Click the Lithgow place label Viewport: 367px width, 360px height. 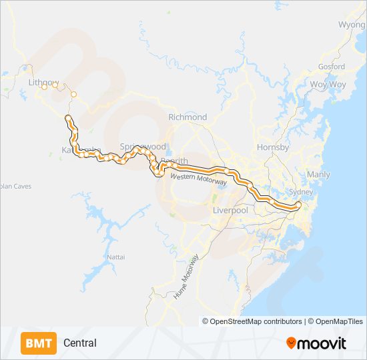44,82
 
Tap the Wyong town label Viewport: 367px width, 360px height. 352,25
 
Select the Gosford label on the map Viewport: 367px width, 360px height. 332,67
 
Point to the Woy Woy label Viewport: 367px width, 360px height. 328,85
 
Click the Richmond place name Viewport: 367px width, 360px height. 188,117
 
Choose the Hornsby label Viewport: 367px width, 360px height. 273,147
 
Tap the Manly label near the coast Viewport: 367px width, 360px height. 318,175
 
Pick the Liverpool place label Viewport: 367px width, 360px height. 230,210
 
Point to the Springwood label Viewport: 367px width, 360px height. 143,146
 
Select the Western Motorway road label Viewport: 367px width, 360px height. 199,179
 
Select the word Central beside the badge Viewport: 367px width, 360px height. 80,343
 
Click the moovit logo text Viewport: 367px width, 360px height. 322,343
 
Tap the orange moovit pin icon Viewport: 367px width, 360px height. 291,343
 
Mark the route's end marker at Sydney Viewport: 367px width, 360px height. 298,205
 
